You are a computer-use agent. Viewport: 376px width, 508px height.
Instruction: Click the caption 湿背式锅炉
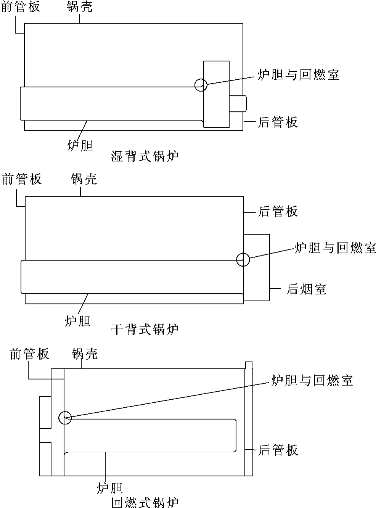[145, 156]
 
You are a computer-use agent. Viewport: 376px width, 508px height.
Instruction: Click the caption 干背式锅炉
[145, 329]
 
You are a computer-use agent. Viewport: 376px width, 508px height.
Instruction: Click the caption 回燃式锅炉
[145, 502]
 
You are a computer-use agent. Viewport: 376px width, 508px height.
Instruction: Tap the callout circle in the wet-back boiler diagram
[201, 85]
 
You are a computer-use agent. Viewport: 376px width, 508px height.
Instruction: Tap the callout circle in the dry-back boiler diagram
[243, 260]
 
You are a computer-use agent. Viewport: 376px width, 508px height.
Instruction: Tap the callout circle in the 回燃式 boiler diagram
[65, 418]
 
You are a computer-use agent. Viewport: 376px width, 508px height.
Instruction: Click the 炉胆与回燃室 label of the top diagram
[298, 74]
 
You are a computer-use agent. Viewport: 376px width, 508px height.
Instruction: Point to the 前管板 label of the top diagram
[21, 6]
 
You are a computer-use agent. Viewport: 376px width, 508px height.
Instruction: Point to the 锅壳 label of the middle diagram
[84, 179]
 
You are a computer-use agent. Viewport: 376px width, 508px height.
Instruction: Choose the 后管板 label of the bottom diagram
[278, 450]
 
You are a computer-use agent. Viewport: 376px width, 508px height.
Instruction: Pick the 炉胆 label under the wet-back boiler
[80, 145]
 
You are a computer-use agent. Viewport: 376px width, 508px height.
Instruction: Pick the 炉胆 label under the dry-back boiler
[78, 321]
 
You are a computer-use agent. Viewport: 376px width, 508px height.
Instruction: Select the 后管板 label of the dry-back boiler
[278, 211]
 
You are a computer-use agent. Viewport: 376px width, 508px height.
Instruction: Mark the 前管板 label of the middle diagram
[22, 179]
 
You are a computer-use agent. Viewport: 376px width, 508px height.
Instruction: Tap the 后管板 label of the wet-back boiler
[278, 122]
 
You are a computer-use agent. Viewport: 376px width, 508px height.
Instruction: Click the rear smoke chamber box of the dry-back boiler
[257, 267]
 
